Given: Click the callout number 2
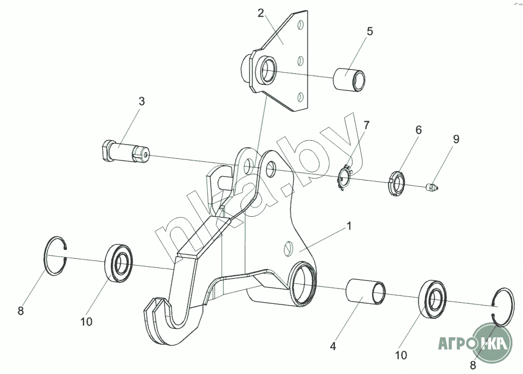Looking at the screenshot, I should pos(261,13).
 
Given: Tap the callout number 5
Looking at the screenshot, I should pos(369,31).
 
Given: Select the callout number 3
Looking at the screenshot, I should pos(141,101).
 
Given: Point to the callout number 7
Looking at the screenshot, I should pos(366,125).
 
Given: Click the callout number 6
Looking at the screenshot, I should pos(418,130).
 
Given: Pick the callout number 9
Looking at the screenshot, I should pos(456,139).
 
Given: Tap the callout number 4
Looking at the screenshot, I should pos(333,345).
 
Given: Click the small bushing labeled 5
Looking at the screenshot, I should pos(348,79).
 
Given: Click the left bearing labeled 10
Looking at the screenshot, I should pos(119,263).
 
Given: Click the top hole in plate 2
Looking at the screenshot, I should pos(300,25).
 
